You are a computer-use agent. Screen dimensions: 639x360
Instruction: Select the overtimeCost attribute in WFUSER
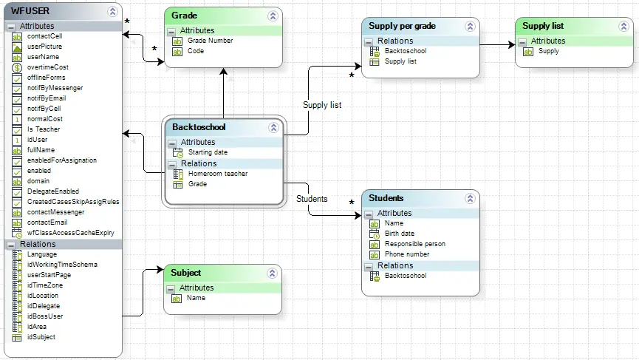[48, 67]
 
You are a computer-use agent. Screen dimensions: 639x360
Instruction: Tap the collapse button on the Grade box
[273, 16]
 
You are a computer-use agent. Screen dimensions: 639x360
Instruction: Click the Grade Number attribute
[210, 41]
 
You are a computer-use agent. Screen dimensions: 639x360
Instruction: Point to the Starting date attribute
[208, 152]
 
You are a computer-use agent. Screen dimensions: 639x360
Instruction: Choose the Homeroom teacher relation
[218, 174]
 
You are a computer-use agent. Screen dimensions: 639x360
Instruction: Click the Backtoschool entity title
[199, 127]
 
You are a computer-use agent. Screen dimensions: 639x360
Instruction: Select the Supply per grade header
[402, 26]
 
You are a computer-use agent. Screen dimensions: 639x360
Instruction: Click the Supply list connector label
[322, 105]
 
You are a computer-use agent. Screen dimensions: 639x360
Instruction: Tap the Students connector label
[312, 199]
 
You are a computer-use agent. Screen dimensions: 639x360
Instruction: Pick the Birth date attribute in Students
[400, 234]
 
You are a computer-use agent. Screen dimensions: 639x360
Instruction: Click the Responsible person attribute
[415, 244]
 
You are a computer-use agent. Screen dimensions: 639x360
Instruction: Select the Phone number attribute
[407, 254]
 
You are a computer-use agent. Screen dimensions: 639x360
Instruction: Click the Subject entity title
[186, 273]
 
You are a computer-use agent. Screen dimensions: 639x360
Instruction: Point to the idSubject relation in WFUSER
[41, 337]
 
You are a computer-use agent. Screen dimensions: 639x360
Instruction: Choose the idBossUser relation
[45, 316]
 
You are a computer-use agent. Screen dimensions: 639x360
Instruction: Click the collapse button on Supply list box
[623, 27]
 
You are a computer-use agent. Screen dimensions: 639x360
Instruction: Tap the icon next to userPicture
[17, 47]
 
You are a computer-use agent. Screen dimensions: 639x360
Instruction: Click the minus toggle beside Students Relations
[369, 267]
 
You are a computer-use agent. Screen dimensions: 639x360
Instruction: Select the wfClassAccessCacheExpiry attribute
[70, 233]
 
